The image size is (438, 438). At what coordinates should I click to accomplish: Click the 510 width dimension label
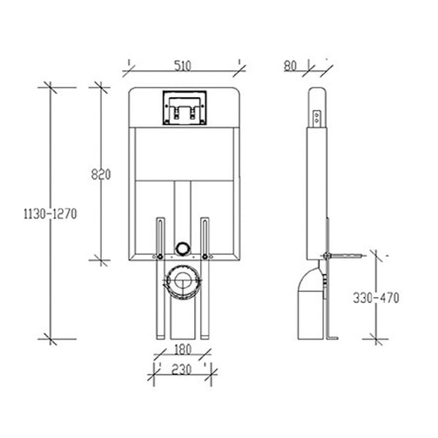click(182, 66)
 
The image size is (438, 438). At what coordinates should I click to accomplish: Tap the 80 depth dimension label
click(290, 66)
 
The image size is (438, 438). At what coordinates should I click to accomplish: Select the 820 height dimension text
click(101, 174)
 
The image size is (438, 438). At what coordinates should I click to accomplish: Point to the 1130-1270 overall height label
click(50, 214)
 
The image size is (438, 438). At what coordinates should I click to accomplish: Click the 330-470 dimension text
click(376, 298)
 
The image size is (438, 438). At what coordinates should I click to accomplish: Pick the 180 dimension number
click(182, 350)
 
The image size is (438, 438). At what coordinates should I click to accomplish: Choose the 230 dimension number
click(182, 369)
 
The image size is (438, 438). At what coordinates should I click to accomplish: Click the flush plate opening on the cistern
click(185, 107)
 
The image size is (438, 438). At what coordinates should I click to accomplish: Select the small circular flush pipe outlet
click(182, 247)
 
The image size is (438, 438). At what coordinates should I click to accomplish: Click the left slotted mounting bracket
click(161, 238)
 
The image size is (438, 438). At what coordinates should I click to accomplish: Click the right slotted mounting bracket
click(204, 238)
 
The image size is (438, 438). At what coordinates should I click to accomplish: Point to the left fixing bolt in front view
click(160, 256)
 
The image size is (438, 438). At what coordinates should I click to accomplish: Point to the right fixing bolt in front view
click(205, 256)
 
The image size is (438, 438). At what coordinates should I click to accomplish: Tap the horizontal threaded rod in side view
click(343, 255)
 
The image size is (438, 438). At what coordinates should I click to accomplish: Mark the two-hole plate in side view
click(317, 118)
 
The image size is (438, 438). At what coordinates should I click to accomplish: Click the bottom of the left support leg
click(161, 337)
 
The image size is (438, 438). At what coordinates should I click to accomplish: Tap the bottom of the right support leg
click(204, 337)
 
